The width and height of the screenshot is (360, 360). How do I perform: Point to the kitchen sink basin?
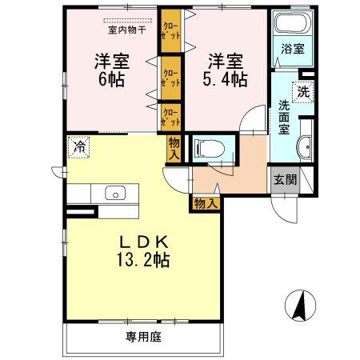(x=113, y=193)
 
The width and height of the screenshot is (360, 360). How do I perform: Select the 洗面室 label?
(x=285, y=116)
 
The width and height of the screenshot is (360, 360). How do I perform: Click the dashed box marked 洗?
(x=302, y=90)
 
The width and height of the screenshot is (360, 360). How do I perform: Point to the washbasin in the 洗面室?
(x=306, y=148)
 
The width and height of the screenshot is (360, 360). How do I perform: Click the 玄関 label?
(x=284, y=179)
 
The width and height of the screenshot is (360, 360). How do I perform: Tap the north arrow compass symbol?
(x=302, y=306)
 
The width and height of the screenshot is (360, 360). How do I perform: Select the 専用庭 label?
(x=143, y=338)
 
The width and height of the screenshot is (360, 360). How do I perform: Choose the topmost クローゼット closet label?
(x=169, y=30)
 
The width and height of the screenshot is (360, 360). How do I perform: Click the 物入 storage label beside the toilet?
(x=174, y=147)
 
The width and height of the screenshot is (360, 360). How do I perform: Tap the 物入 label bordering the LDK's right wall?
(x=206, y=205)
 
